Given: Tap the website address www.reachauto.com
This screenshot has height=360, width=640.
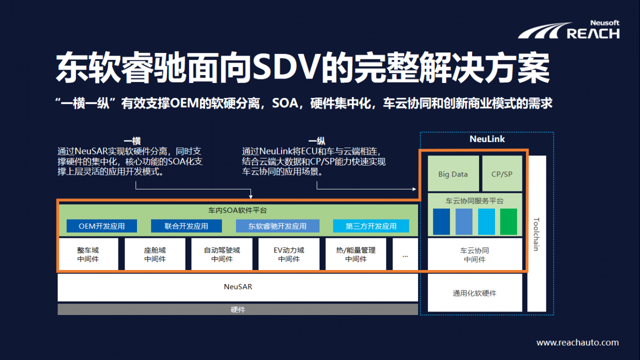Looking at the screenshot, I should (577, 343).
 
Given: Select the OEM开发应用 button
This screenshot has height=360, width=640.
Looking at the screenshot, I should (101, 226).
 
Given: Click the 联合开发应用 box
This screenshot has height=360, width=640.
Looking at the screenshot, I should (186, 226).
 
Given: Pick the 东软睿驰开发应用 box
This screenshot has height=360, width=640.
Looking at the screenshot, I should (277, 226).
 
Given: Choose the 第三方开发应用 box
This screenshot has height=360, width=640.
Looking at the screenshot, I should (371, 226).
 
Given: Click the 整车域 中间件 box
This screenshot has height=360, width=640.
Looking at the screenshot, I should (88, 254).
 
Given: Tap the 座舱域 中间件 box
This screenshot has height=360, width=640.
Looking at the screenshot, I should (155, 254).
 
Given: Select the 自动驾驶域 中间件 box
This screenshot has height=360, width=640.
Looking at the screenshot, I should (222, 254).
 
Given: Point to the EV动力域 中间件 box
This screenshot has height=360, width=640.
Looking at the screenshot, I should (289, 254).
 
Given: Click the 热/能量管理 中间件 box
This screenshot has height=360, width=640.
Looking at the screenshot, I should (355, 254).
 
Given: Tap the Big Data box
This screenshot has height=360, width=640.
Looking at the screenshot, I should (453, 174).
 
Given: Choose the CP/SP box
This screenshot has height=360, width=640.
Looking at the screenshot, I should (502, 174).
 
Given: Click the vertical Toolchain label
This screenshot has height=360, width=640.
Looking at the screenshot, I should (536, 233).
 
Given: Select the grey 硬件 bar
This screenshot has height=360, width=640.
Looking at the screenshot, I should (237, 309).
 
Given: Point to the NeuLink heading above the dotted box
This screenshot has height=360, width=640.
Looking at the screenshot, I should (487, 139).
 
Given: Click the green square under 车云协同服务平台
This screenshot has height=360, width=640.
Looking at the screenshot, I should (508, 221).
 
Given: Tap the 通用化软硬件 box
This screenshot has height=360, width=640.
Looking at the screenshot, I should (474, 293).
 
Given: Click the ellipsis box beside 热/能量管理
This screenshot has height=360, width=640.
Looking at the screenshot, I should (405, 254).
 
